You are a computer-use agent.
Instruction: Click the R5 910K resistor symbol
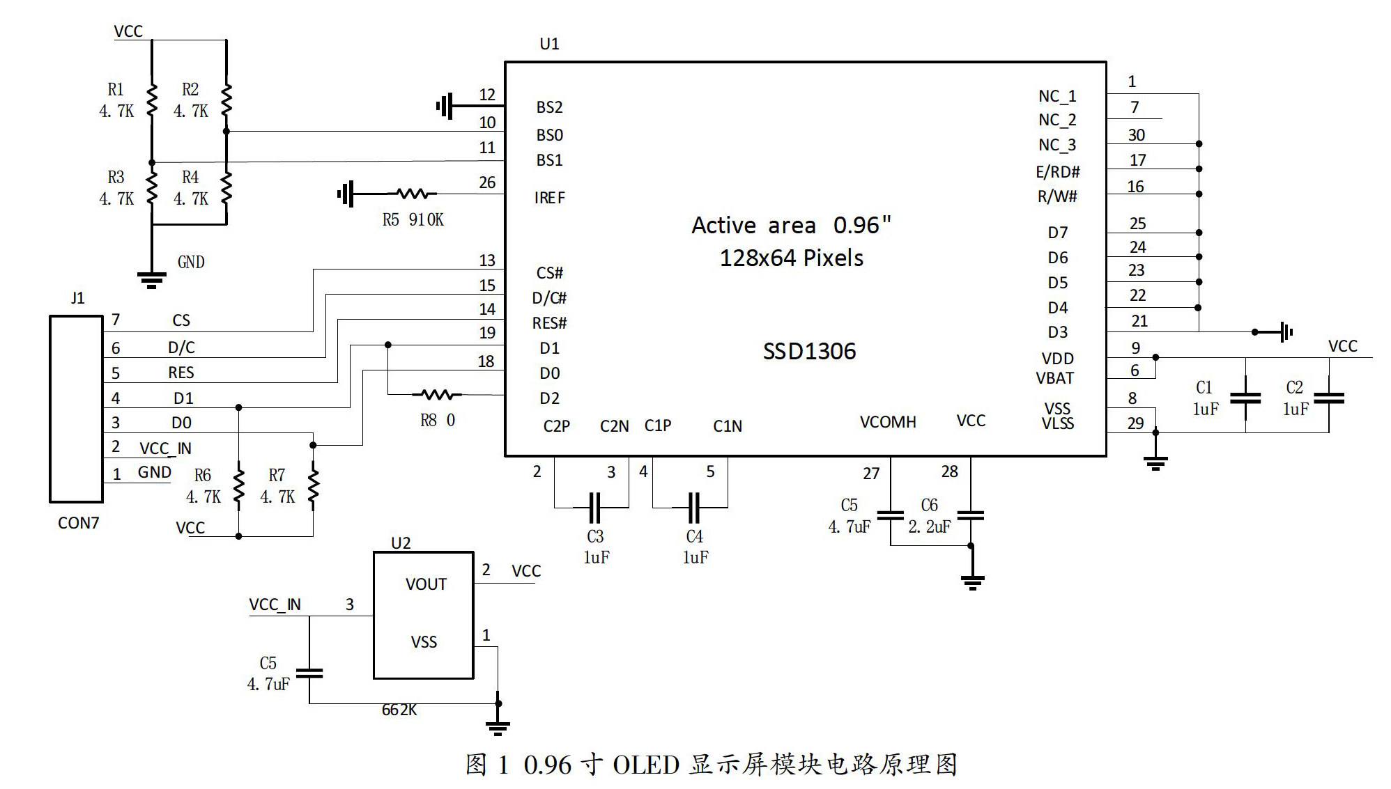tap(416, 194)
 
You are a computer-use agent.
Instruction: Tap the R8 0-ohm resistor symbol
tap(437, 395)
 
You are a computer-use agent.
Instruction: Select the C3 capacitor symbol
tap(594, 508)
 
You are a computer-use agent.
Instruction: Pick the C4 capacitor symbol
tap(693, 508)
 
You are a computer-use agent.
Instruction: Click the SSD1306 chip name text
tap(809, 351)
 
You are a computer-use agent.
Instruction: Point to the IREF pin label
tap(550, 198)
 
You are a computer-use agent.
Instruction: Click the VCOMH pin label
tap(887, 422)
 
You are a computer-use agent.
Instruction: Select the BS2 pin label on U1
tap(549, 107)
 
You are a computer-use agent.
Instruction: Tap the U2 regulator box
tap(424, 615)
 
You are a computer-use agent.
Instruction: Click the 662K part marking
tap(399, 710)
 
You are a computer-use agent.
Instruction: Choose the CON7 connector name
tap(78, 523)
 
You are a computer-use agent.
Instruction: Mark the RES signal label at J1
tap(181, 373)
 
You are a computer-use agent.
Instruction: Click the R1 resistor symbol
tap(152, 100)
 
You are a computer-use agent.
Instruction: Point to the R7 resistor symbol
tap(313, 485)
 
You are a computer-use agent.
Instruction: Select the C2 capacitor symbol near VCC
tap(1328, 398)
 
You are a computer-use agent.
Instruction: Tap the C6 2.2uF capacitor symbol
tap(971, 515)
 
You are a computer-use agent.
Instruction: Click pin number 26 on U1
tap(487, 182)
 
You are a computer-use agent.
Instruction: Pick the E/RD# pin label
tap(1057, 172)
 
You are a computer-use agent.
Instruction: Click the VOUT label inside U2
tap(426, 584)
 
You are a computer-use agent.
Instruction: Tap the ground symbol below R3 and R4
tap(152, 280)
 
